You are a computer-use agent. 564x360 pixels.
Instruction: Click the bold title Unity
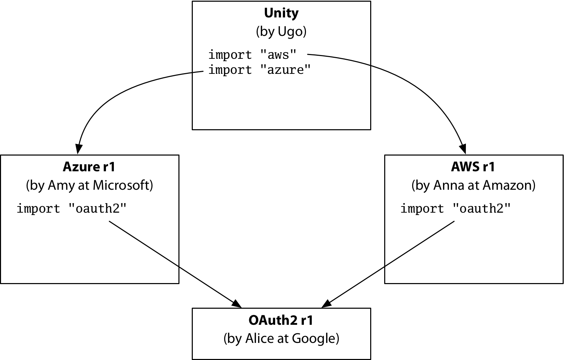(x=281, y=13)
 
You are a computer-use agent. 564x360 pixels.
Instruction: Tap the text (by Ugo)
(x=281, y=31)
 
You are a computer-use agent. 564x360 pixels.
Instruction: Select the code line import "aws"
(x=253, y=55)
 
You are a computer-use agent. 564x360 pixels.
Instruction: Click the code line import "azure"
(x=259, y=70)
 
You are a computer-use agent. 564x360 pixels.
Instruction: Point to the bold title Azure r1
(x=89, y=167)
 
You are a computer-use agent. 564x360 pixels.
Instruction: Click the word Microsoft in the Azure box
(x=123, y=185)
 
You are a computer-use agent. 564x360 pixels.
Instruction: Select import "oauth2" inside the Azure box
(x=71, y=209)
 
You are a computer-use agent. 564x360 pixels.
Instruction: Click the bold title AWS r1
(x=473, y=167)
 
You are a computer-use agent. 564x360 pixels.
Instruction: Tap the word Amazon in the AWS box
(x=509, y=185)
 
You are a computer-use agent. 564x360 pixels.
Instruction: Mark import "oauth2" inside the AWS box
(x=455, y=209)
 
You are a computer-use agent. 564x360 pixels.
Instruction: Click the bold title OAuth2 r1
(x=281, y=320)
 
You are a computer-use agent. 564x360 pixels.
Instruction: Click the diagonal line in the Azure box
(x=144, y=244)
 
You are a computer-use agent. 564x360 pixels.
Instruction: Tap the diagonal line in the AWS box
(x=420, y=244)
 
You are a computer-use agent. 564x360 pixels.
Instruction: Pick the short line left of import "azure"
(x=198, y=72)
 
